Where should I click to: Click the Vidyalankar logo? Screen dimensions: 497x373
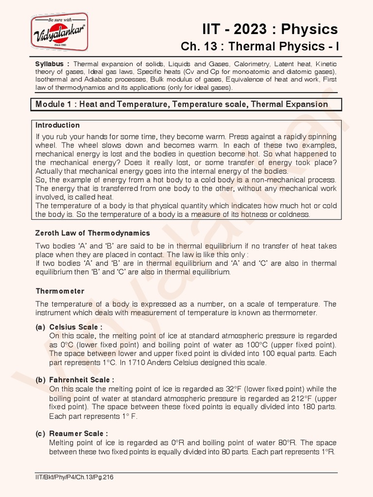click(60, 32)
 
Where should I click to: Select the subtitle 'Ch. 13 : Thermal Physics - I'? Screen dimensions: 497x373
click(259, 47)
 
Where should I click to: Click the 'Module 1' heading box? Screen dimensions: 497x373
click(186, 104)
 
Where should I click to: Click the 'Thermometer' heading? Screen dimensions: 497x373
click(60, 291)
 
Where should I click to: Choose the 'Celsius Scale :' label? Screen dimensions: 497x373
click(76, 327)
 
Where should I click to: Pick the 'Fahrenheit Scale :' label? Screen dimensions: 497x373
click(82, 380)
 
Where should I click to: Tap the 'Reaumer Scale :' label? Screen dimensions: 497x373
click(79, 433)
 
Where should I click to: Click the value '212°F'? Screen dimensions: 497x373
click(303, 398)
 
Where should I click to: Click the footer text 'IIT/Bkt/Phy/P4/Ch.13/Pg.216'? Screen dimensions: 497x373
click(75, 477)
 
